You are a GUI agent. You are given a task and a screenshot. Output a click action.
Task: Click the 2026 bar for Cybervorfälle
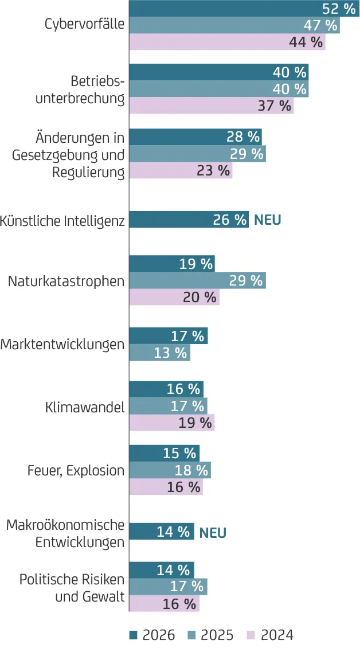[x=244, y=9]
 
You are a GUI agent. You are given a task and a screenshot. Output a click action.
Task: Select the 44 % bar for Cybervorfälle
[x=227, y=42]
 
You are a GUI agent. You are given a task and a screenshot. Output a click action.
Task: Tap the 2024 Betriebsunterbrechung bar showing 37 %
[x=211, y=106]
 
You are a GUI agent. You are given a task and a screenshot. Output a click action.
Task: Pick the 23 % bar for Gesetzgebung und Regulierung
[x=181, y=170]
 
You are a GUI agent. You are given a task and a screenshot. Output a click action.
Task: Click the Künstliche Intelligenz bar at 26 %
[x=189, y=220]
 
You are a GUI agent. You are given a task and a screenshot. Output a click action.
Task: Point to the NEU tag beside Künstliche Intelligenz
[x=268, y=220]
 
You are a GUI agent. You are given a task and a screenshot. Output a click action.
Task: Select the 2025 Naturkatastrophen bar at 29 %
[x=197, y=280]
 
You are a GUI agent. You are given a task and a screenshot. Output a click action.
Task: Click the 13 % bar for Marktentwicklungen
[x=159, y=353]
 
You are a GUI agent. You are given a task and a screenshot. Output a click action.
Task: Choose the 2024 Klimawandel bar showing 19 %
[x=171, y=423]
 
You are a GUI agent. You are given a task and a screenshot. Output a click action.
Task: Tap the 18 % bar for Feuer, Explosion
[x=170, y=470]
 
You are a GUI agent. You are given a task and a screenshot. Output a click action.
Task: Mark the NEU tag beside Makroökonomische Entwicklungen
[x=213, y=533]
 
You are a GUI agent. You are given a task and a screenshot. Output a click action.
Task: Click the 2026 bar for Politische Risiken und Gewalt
[x=161, y=570]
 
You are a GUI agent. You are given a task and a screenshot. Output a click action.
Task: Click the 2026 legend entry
[x=152, y=635]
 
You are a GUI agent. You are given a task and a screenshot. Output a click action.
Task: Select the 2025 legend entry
[x=211, y=635]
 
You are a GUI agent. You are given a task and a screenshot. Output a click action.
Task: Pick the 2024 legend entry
[x=270, y=635]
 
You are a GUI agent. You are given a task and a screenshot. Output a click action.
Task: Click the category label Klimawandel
[x=85, y=408]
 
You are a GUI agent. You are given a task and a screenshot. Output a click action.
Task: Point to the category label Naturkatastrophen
[x=66, y=282]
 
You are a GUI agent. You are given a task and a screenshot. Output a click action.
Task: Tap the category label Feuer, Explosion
[x=76, y=471]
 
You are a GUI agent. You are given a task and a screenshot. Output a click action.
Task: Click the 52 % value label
[x=339, y=9]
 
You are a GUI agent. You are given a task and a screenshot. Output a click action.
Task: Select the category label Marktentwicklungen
[x=62, y=345]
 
